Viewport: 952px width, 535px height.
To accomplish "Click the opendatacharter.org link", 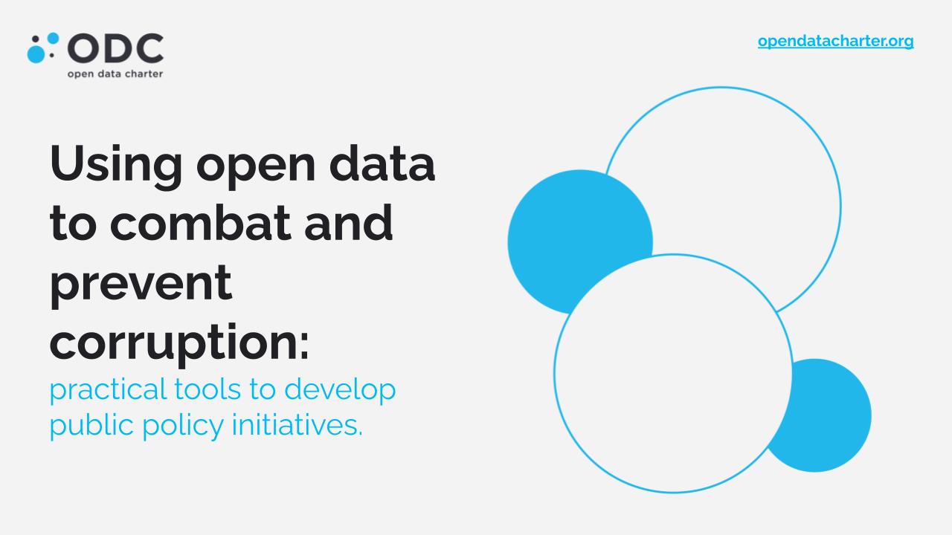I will pos(835,42).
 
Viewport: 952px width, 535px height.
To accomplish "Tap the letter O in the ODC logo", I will pos(83,48).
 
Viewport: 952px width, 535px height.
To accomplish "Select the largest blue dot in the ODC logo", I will pos(36,54).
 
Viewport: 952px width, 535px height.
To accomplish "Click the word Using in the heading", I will pos(115,163).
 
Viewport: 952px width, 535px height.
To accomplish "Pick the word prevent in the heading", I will pos(141,283).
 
